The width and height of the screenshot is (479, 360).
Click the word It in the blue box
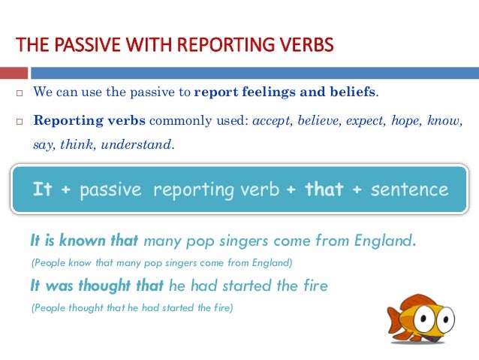43,189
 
